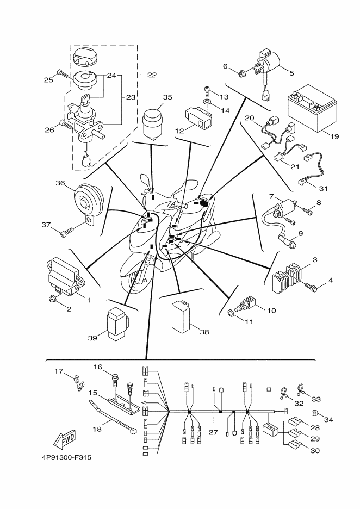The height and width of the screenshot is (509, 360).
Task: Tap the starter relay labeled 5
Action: (x=270, y=64)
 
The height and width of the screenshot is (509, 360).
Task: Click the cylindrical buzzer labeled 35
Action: (x=154, y=123)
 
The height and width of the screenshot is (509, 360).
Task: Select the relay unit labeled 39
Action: (x=118, y=324)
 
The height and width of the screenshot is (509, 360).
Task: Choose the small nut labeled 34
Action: (x=315, y=412)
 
